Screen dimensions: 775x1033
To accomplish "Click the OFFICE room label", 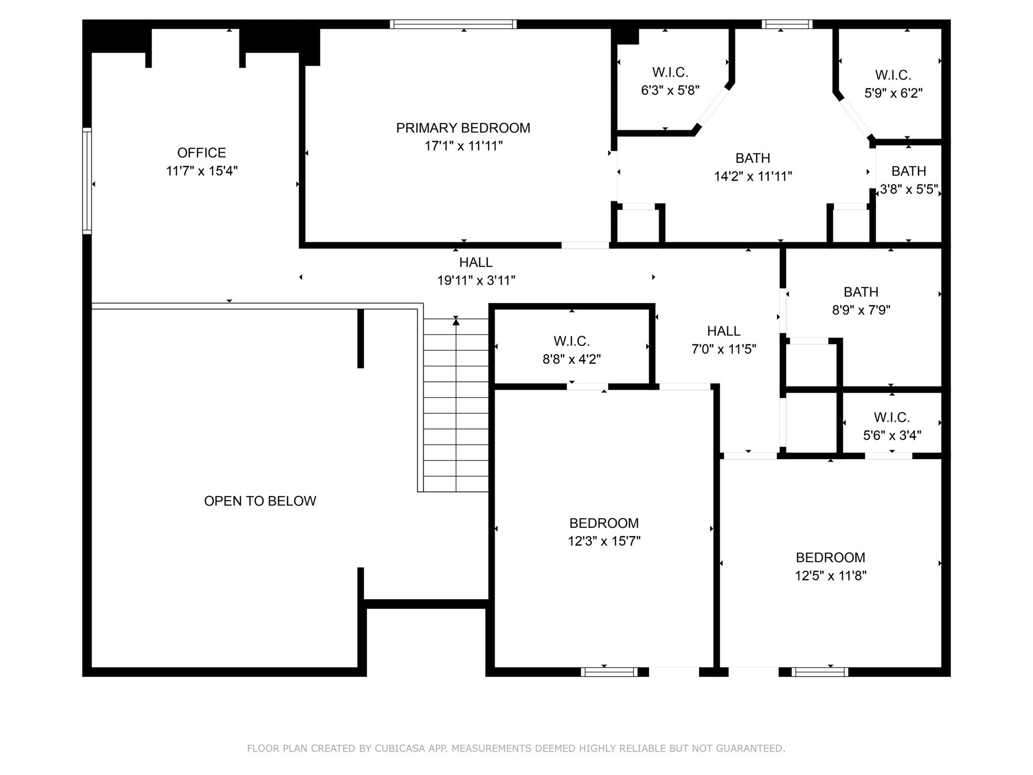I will pyautogui.click(x=201, y=152).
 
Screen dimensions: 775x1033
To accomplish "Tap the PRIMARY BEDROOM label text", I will pyautogui.click(x=463, y=128).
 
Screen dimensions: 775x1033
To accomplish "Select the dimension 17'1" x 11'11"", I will pyautogui.click(x=463, y=146).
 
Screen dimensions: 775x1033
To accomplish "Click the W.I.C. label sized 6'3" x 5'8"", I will pyautogui.click(x=670, y=73).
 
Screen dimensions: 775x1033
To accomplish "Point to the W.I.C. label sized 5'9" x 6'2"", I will pyautogui.click(x=893, y=75).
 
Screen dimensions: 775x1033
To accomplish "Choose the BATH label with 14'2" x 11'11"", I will pyautogui.click(x=753, y=158).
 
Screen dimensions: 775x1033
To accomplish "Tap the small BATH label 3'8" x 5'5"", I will pyautogui.click(x=908, y=171).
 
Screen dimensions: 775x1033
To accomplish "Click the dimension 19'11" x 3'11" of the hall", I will pyautogui.click(x=476, y=281).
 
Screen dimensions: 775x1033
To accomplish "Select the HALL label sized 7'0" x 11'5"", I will pyautogui.click(x=723, y=331).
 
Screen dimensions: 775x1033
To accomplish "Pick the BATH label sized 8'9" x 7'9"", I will pyautogui.click(x=860, y=292).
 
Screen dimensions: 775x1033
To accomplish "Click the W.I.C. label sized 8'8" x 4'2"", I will pyautogui.click(x=571, y=342).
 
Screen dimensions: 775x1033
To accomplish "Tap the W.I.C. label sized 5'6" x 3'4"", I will pyautogui.click(x=891, y=417).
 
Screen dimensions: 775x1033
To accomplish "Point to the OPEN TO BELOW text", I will pyautogui.click(x=260, y=501).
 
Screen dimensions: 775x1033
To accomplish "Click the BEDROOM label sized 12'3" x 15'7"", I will pyautogui.click(x=604, y=523).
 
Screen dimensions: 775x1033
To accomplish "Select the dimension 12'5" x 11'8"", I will pyautogui.click(x=830, y=576).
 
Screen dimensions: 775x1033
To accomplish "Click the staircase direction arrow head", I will pyautogui.click(x=456, y=320).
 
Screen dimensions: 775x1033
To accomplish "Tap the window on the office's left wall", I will pyautogui.click(x=87, y=181).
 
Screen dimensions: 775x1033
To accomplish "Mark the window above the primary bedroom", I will pyautogui.click(x=453, y=24).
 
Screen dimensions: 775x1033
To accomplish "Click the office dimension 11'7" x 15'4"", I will pyautogui.click(x=201, y=171).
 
